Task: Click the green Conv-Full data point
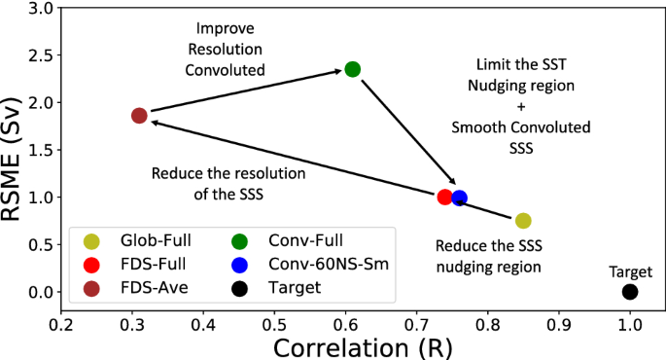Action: [353, 69]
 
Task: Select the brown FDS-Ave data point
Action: [139, 116]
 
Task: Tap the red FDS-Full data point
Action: [445, 198]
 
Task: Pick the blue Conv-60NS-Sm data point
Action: [459, 198]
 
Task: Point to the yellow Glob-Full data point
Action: [523, 221]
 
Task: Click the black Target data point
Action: [630, 292]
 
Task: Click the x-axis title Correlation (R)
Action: [365, 345]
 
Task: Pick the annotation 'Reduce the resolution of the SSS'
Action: [228, 182]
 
